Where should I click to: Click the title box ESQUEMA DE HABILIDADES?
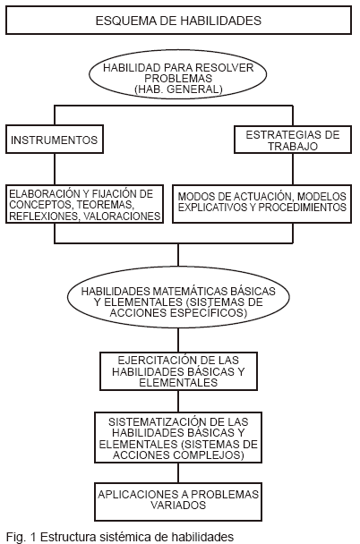tap(178, 20)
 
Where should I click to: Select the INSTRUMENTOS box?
tap(55, 139)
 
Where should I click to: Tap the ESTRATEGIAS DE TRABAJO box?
tap(293, 140)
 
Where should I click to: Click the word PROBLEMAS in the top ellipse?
tap(178, 78)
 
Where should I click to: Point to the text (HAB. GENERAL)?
tap(178, 89)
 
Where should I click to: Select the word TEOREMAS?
tap(105, 205)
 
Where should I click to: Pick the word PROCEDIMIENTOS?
tap(302, 207)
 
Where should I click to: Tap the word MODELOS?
tap(321, 196)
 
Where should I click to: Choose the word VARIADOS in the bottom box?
tap(178, 505)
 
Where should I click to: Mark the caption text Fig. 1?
tap(21, 537)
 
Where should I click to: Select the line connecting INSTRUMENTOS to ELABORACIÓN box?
tap(55, 169)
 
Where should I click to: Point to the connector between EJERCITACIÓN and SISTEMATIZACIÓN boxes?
tap(178, 402)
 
